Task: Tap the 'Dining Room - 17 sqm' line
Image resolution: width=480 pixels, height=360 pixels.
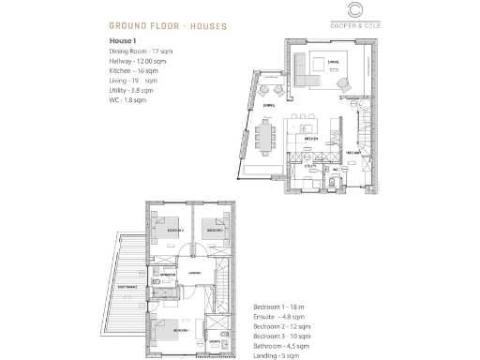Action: pyautogui.click(x=141, y=52)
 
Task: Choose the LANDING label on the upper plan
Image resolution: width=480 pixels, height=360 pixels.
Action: pyautogui.click(x=194, y=273)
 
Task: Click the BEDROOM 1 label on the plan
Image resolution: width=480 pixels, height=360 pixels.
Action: pyautogui.click(x=179, y=331)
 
